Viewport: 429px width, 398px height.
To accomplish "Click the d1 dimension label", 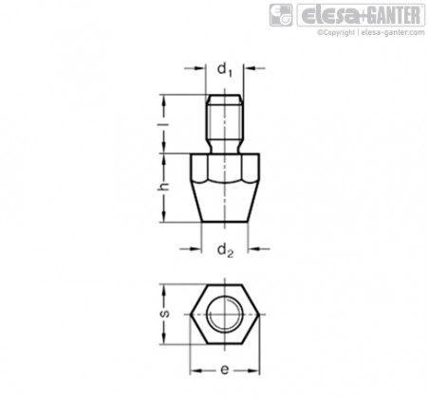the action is point(225,70).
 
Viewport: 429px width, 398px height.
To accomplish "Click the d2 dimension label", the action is point(225,251).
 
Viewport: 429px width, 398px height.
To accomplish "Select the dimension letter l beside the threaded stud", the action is point(164,124).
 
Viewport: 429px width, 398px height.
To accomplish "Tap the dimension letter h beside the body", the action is point(164,187).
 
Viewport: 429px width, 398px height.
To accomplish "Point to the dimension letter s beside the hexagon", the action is point(165,314).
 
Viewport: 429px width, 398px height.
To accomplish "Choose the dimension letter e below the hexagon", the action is point(224,370).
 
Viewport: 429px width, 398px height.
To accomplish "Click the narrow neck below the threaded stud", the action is point(225,148).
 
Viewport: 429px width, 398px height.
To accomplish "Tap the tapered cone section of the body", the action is point(225,202).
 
